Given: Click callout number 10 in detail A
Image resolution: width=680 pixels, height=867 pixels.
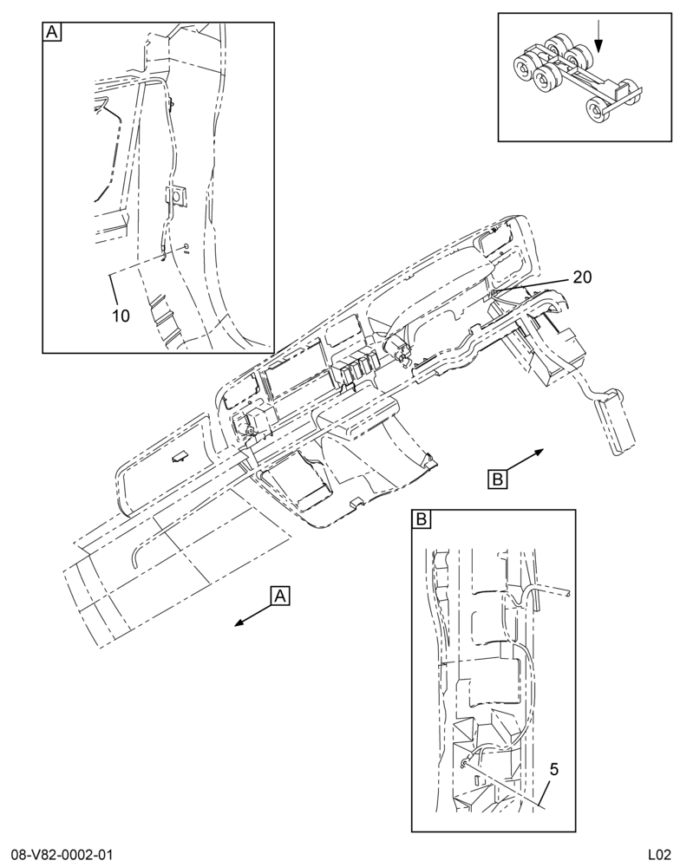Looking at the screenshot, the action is point(121,316).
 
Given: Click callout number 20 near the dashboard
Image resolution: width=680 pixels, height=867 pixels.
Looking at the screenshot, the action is point(581,277).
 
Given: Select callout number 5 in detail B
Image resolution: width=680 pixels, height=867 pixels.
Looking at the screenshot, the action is point(554,769).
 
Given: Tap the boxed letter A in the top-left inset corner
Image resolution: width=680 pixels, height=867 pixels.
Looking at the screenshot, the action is point(51,32).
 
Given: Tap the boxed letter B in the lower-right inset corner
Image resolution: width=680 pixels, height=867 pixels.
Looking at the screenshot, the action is point(421,519).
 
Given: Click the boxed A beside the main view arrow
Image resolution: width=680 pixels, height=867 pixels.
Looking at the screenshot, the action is point(280,596).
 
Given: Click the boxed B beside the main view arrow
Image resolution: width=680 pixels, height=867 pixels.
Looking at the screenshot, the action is point(497,479).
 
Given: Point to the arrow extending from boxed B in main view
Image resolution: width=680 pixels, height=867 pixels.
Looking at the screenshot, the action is point(525,460).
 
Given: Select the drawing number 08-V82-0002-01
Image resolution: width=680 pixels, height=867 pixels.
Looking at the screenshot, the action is point(62,855).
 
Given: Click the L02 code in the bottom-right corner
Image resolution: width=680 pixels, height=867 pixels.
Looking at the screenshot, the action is point(659,855).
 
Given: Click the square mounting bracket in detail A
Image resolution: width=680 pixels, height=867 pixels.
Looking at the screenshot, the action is point(176,195).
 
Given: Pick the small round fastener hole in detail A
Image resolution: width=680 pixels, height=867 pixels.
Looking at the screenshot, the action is point(186,246).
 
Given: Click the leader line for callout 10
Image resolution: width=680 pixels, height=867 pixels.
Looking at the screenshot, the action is point(114,290).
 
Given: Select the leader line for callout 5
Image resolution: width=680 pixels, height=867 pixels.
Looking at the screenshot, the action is point(502,784).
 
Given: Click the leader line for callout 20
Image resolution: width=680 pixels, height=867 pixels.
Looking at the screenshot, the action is point(530,284).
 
